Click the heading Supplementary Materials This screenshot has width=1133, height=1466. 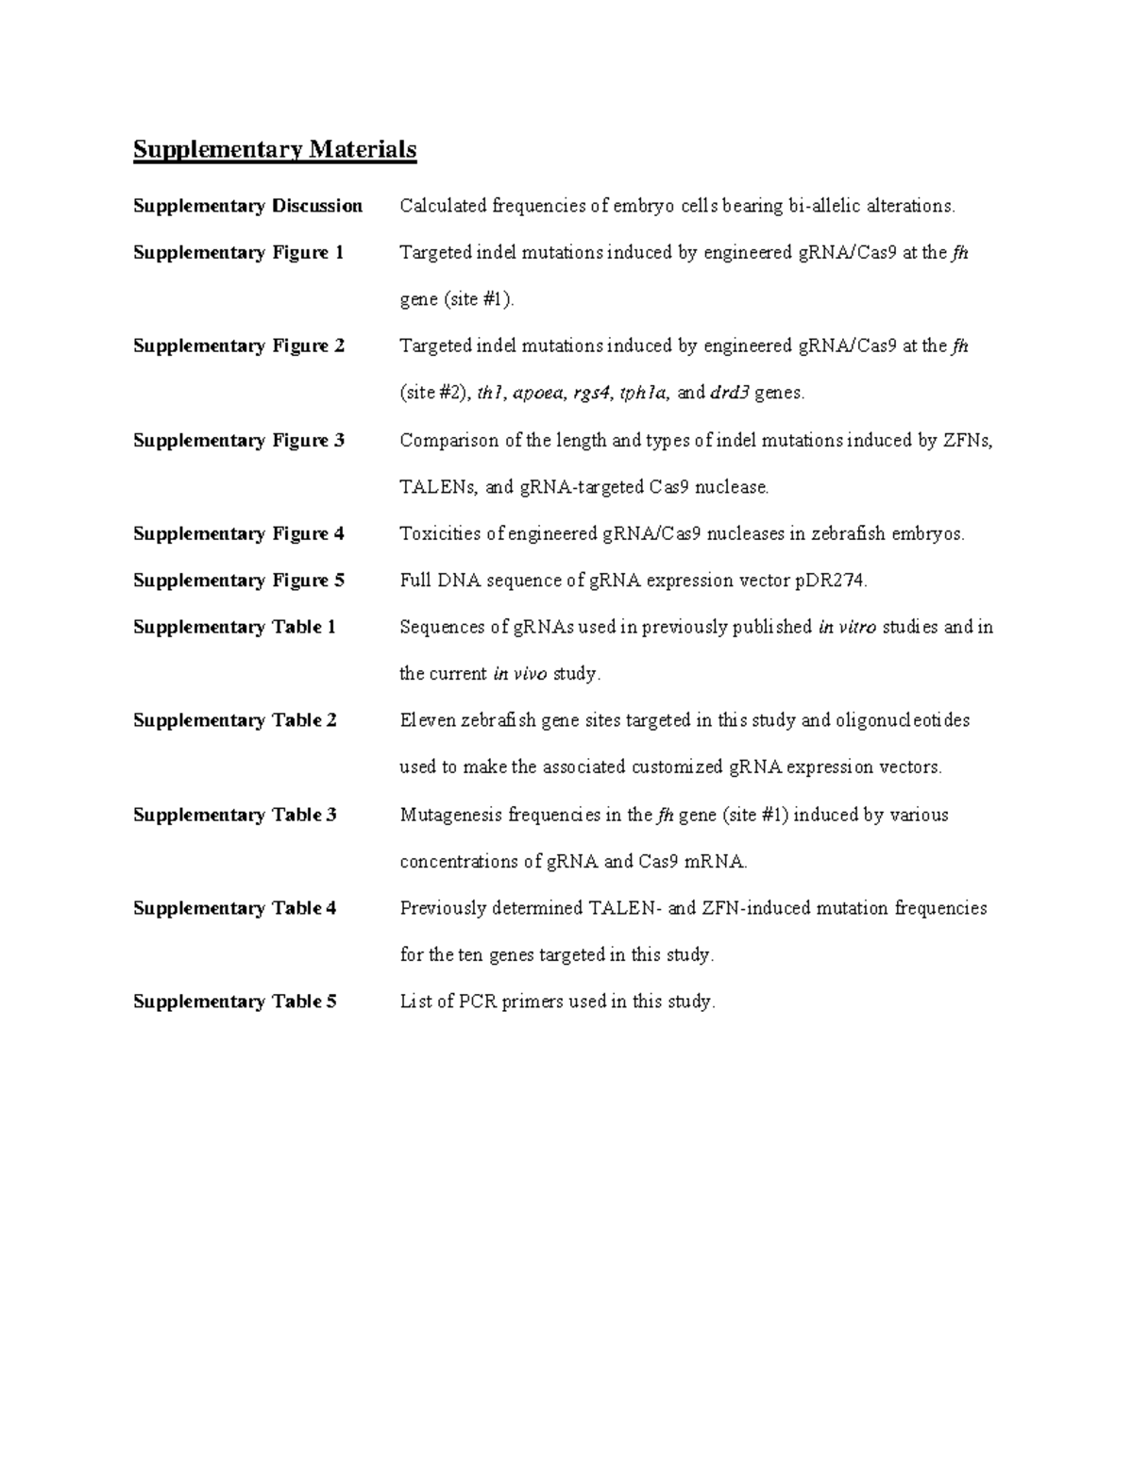pos(274,150)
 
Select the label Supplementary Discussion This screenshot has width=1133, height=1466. pos(247,206)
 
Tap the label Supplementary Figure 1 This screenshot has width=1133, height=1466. pos(238,253)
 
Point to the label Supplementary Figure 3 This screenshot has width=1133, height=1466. pos(238,441)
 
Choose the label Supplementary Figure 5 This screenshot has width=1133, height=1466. pos(238,581)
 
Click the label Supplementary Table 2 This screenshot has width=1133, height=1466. pos(234,720)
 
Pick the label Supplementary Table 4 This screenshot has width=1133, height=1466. pos(234,908)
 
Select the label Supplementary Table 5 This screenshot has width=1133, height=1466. pos(234,1002)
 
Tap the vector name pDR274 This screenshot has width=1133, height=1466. pos(830,581)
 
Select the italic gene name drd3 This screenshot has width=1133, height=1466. pos(729,394)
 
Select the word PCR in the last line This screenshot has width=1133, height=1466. pos(478,1002)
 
